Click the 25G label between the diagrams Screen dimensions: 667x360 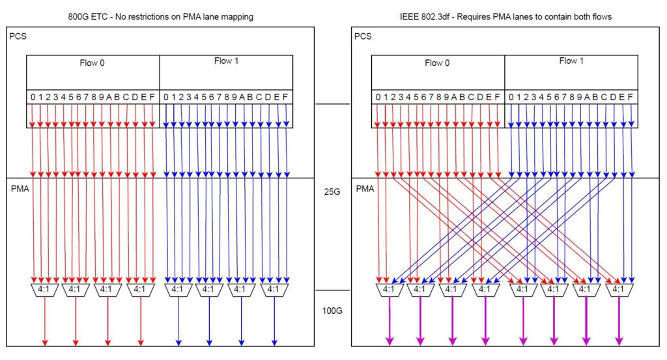point(332,191)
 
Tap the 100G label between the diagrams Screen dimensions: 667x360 point(332,311)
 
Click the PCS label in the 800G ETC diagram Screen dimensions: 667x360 point(18,36)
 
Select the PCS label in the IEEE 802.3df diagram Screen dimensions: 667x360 point(363,36)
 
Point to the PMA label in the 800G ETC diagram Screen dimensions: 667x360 point(20,189)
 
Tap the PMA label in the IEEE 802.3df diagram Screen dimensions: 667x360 point(365,189)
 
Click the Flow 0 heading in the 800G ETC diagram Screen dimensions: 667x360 point(92,63)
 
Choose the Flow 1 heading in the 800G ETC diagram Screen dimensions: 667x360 point(226,61)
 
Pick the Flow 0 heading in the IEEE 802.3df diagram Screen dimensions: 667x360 point(437,63)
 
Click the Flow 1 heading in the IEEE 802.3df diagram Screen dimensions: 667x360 point(571,61)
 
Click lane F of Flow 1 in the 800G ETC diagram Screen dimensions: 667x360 point(285,97)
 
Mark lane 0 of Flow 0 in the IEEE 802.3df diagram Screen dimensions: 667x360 point(378,97)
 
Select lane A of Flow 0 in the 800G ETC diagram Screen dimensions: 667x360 point(109,97)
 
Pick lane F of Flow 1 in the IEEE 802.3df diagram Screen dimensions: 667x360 point(630,97)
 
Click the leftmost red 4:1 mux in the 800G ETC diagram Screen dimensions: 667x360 point(44,290)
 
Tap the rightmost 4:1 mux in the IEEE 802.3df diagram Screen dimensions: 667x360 point(618,290)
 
